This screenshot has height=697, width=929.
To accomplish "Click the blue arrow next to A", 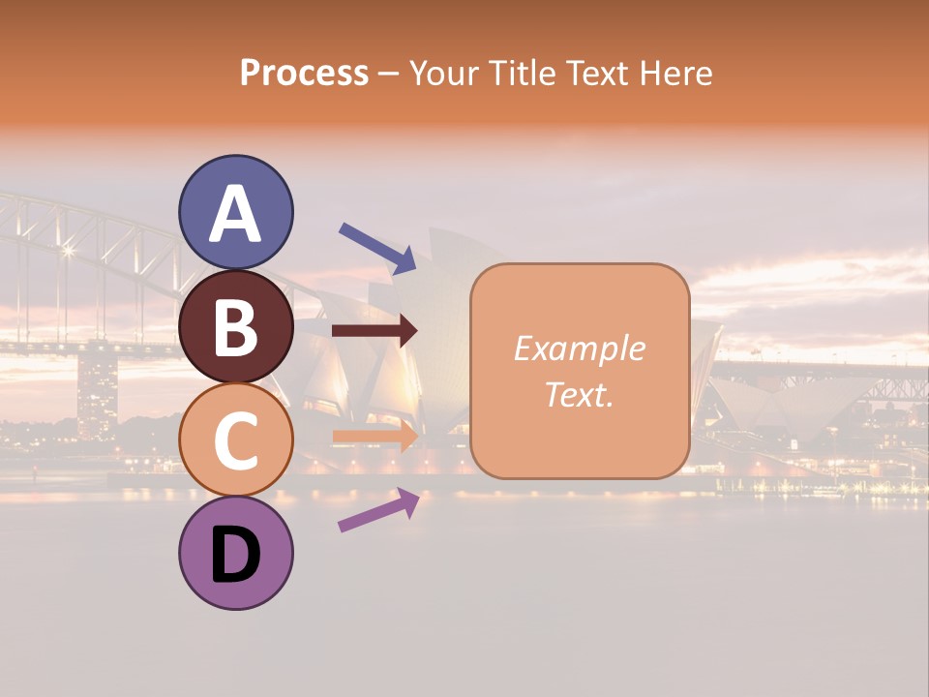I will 377,247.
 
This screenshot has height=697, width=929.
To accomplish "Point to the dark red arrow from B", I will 375,331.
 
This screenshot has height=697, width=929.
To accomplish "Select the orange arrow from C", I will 375,436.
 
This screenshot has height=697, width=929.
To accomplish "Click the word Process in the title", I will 304,73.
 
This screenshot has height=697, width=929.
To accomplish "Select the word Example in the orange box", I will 579,348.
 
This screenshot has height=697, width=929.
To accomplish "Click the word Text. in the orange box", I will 579,394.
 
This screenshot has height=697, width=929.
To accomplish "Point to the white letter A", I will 235,215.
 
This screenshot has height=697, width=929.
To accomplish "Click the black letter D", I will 235,556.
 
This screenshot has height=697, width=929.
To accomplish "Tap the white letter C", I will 235,440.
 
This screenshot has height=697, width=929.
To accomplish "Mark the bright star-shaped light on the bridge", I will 68,251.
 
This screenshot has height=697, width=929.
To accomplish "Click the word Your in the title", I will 445,73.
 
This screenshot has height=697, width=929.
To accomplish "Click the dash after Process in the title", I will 389,74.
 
